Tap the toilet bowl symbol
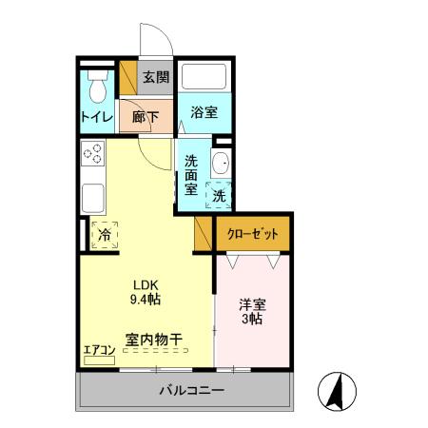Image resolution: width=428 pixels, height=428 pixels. [95, 90]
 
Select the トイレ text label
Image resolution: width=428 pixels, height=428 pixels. [96, 118]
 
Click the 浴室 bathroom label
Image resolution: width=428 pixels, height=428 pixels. [204, 111]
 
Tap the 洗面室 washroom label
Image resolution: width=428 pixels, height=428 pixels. [191, 174]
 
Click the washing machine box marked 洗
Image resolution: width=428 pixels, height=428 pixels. [220, 195]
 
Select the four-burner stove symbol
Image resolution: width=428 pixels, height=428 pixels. [92, 154]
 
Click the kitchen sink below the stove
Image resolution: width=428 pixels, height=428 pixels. [92, 198]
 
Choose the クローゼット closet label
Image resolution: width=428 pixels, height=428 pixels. [251, 232]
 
